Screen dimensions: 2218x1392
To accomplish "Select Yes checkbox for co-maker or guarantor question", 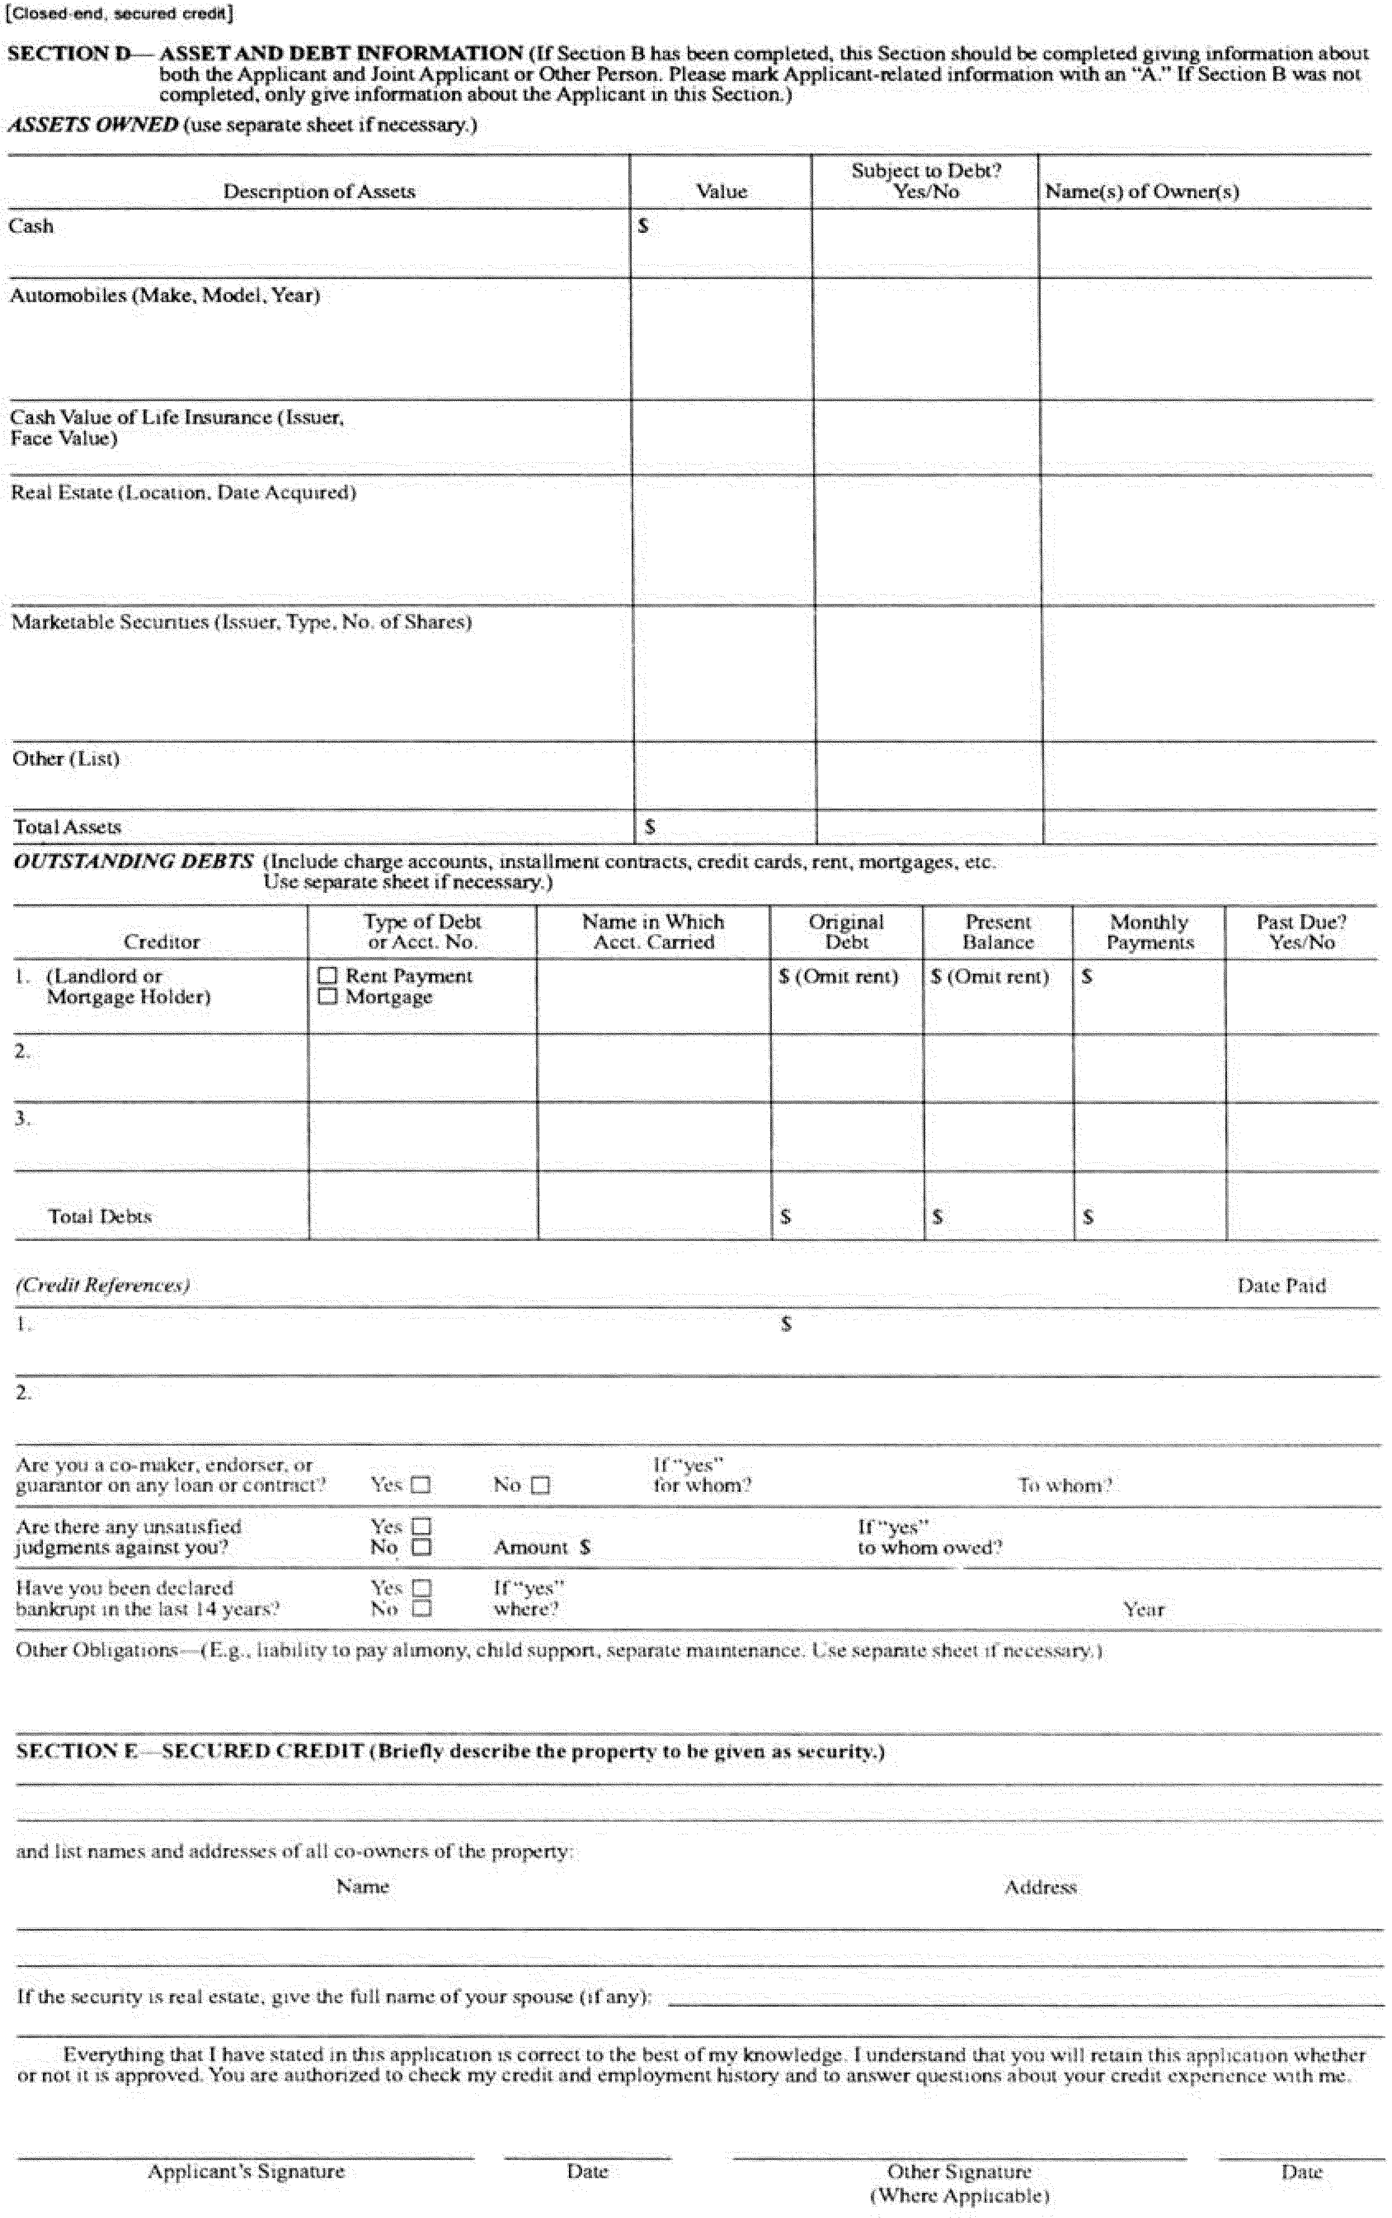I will [421, 1485].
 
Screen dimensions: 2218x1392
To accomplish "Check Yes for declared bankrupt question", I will [422, 1588].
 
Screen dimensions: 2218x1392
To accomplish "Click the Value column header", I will [721, 192].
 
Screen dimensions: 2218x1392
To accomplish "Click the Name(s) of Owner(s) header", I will [1142, 192].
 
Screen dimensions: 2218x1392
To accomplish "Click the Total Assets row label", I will [67, 826].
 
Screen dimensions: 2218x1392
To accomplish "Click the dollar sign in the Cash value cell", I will [644, 226].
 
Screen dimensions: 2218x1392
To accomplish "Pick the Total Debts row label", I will [99, 1216].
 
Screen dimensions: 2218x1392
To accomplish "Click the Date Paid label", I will [1281, 1286].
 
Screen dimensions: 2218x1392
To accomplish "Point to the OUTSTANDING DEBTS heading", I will [134, 861].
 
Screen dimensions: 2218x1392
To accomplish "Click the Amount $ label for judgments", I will [541, 1548].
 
